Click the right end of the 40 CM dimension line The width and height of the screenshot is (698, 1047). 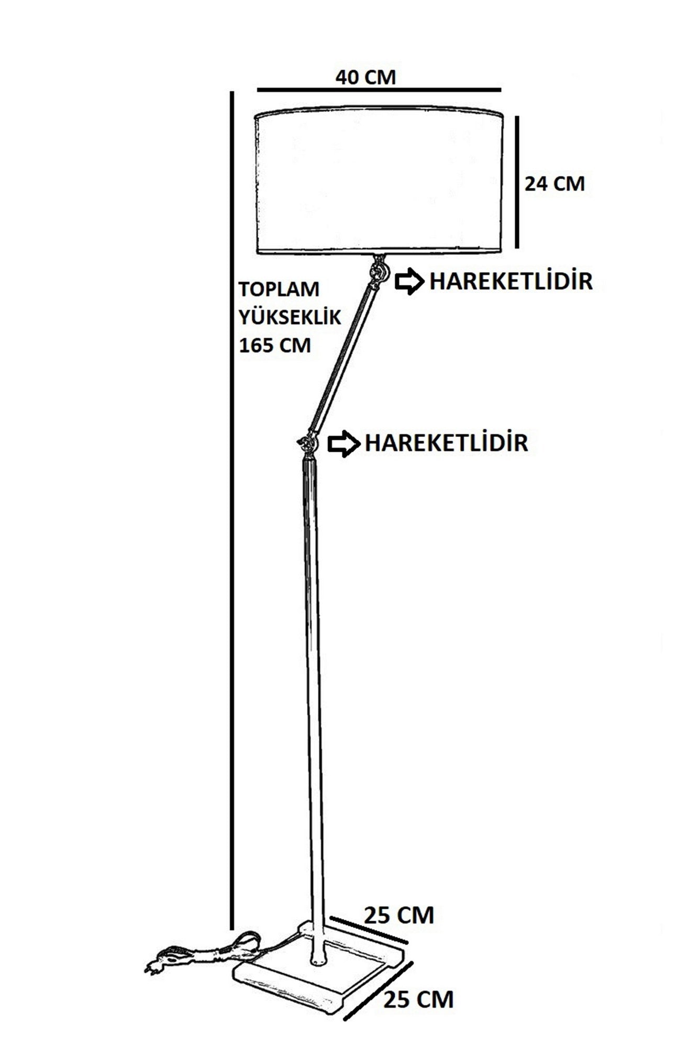click(x=501, y=91)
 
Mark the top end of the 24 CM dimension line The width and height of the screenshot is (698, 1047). click(x=517, y=116)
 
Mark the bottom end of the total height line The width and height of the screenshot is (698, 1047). click(x=231, y=929)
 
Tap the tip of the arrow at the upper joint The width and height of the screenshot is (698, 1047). click(x=422, y=282)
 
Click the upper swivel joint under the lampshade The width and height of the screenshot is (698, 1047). click(x=378, y=271)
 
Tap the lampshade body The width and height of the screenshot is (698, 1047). click(x=379, y=181)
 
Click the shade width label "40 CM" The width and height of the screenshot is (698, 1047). click(x=365, y=77)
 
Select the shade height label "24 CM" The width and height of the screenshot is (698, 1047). click(x=555, y=184)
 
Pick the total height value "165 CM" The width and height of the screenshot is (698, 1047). click(x=274, y=346)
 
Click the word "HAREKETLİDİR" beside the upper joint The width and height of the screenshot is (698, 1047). click(x=511, y=282)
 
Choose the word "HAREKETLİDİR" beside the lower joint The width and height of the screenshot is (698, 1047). click(x=446, y=443)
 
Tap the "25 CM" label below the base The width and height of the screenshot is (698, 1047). click(x=418, y=999)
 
